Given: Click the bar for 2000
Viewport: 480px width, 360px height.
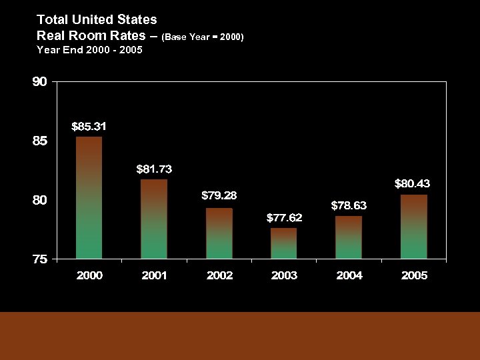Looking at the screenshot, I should coord(89,197).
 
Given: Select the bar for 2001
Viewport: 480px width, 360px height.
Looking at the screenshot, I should coord(154,219).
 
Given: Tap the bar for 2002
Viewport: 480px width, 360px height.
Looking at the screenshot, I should coord(219,233).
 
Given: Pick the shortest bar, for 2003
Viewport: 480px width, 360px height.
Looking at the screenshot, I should coord(283,243).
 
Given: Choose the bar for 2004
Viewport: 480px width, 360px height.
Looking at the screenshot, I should coord(349,237).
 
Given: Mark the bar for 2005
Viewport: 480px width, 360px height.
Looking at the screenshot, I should coord(414,227).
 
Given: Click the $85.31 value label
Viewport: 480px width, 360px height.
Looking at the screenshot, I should coord(89,126).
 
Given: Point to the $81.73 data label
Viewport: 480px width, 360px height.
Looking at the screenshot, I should coord(154,169).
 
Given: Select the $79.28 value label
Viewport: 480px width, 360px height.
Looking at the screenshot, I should coord(219,196).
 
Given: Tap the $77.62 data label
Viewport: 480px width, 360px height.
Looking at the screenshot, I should coord(284,218).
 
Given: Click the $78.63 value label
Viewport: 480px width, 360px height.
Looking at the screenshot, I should coord(349,205).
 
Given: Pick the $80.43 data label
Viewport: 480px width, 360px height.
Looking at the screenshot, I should coord(412,183).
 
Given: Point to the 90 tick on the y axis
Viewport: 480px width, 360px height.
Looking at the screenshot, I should coord(40,83).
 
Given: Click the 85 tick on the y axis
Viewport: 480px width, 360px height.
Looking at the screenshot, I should coord(40,141).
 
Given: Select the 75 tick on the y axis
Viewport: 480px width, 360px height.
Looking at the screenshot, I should coord(40,260).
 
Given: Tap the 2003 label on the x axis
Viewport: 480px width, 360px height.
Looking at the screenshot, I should coord(284,275).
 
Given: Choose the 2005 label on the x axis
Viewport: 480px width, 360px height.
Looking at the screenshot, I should coord(414,275).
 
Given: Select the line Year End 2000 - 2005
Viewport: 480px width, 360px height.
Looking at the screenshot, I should coord(89,49).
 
